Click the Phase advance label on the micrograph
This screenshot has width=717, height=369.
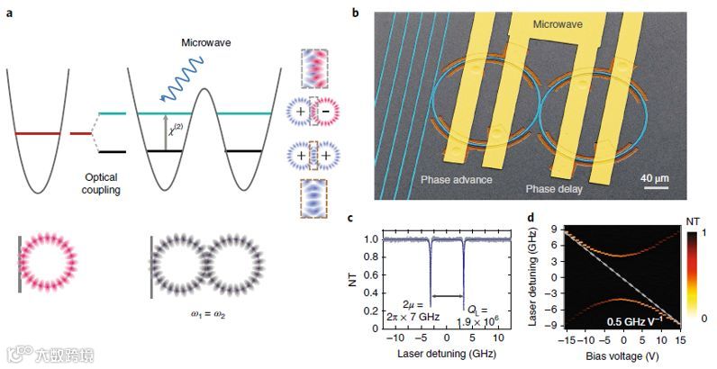click(456, 180)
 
